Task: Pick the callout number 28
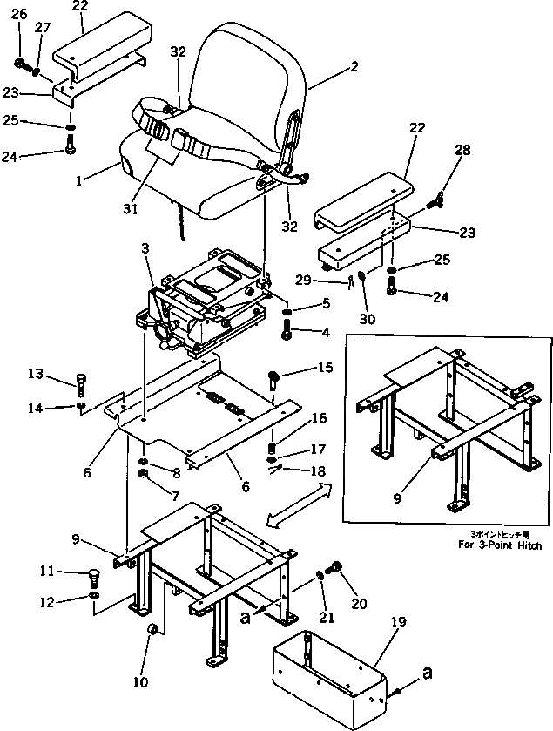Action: pos(462,150)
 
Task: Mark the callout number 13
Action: pos(59,375)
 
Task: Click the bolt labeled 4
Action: pos(288,330)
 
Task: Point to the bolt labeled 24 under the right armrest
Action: pos(394,294)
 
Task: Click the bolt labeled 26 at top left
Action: pos(21,63)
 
